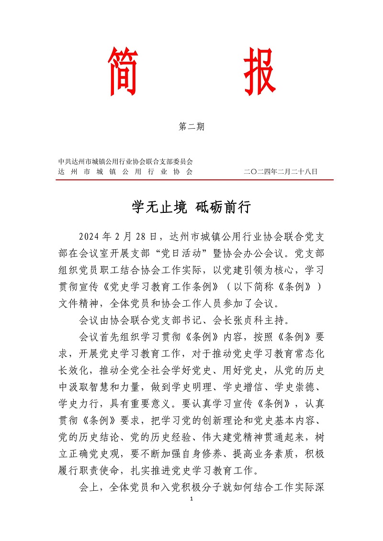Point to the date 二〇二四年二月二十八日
(281, 171)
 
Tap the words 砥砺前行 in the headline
(224, 208)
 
